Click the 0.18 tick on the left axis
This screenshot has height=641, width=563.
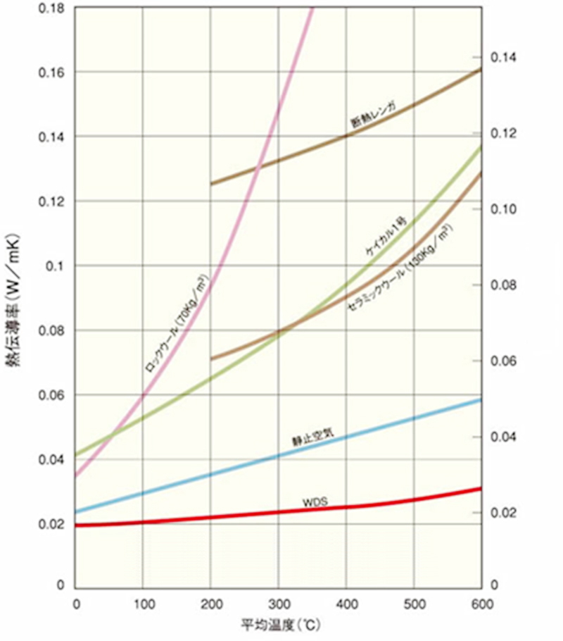pyautogui.click(x=51, y=8)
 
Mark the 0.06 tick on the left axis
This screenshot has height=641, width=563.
pyautogui.click(x=51, y=395)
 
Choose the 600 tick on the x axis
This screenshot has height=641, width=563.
pyautogui.click(x=481, y=604)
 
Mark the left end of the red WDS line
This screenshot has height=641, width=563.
pyautogui.click(x=75, y=525)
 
